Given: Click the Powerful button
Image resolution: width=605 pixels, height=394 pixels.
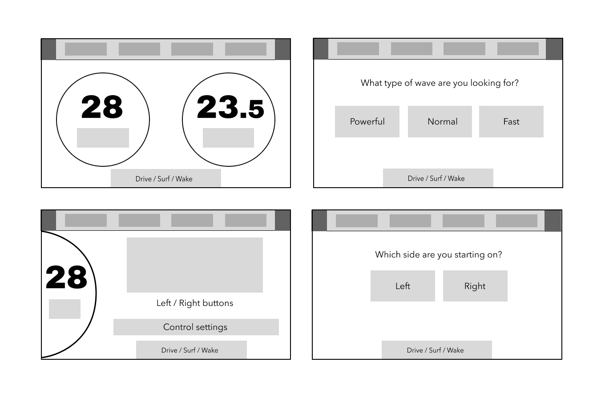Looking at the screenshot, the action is click(x=367, y=121).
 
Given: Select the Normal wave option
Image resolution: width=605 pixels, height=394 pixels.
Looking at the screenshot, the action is click(x=440, y=121).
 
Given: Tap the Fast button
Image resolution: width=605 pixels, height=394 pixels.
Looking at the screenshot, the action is click(x=511, y=121).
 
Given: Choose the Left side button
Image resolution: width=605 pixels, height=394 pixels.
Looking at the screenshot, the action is click(x=403, y=286).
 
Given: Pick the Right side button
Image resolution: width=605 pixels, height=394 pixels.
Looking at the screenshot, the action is click(x=475, y=286).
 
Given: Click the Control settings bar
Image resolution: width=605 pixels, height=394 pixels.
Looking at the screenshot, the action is click(x=196, y=327).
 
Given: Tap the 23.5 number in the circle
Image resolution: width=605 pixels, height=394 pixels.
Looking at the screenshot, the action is click(x=230, y=107).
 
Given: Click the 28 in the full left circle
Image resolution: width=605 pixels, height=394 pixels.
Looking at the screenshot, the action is click(x=102, y=107).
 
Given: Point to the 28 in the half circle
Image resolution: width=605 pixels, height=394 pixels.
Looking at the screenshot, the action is click(x=66, y=277).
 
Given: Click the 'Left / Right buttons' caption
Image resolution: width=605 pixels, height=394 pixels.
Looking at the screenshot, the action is click(x=195, y=303).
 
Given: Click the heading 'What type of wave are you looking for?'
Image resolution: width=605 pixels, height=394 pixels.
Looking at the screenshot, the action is click(x=440, y=83).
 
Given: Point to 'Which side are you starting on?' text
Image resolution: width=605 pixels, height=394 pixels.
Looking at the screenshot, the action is click(x=439, y=255).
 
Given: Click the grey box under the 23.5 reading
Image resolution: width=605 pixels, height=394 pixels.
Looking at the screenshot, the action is click(x=229, y=138).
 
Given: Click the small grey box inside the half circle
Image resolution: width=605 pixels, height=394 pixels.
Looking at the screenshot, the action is click(x=65, y=309).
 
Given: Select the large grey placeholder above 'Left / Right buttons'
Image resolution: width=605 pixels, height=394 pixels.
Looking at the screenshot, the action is click(x=195, y=265).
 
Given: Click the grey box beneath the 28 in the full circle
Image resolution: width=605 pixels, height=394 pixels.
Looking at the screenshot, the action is click(x=103, y=138).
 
